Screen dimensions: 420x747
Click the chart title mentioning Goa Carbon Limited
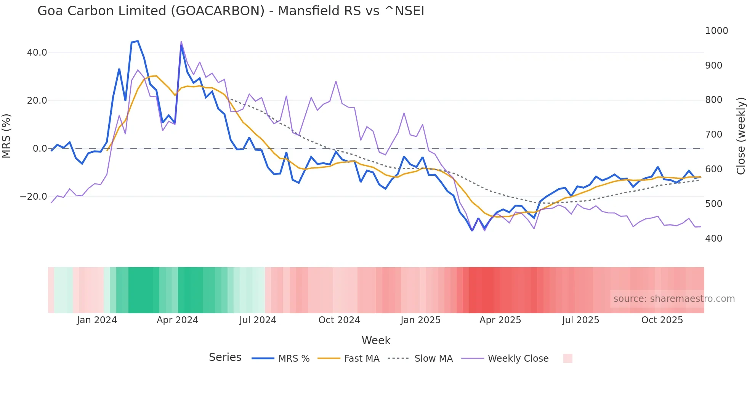coord(231,11)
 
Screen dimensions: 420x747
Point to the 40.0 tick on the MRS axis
coord(37,53)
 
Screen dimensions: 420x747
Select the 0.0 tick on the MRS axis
coord(40,149)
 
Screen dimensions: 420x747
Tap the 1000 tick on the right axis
coord(716,31)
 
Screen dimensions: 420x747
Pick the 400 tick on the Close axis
coord(713,239)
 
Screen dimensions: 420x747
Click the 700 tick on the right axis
coord(713,135)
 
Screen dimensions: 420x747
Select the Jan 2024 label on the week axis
coord(97,320)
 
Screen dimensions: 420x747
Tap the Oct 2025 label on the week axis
coord(662,320)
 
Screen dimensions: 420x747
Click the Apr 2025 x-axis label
coord(500,320)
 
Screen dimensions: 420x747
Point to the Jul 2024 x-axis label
coord(258,320)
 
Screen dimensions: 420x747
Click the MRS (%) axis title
coord(6,136)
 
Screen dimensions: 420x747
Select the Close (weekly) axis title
coord(741,136)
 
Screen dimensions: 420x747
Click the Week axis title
coord(376,340)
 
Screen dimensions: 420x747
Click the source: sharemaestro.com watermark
coord(674,299)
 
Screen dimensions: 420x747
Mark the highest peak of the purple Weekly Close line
coord(181,41)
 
